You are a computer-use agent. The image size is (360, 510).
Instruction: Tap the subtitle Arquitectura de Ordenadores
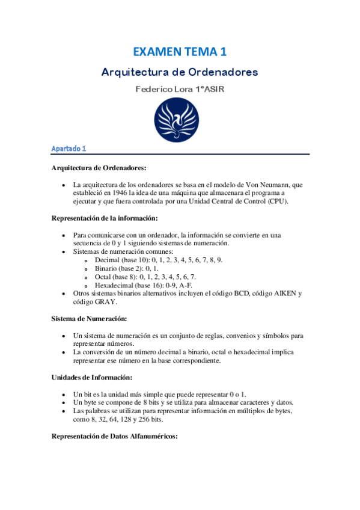[x=180, y=72]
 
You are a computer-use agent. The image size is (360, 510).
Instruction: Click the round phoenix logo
[x=180, y=120]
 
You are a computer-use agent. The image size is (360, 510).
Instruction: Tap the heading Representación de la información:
[x=105, y=218]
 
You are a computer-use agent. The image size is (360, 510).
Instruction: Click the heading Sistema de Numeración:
[x=90, y=318]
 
